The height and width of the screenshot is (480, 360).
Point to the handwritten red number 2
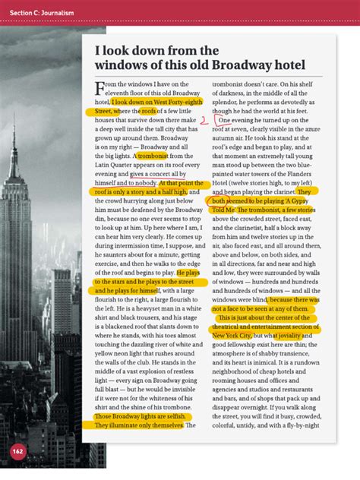tap(204, 120)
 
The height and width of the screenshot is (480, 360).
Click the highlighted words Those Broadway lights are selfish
tap(141, 417)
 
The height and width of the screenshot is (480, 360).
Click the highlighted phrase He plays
tap(188, 272)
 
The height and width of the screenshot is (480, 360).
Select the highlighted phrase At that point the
tap(181, 183)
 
